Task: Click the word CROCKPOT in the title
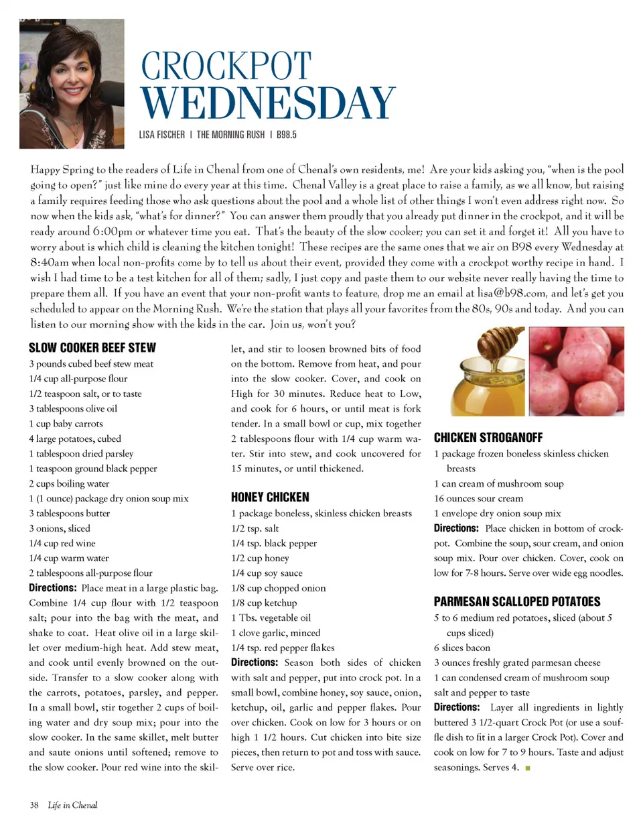(226, 67)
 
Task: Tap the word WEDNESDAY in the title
(268, 103)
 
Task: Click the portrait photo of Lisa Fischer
(72, 83)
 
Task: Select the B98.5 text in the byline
(284, 134)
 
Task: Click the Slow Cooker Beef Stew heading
(92, 347)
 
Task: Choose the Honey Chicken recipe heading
(270, 497)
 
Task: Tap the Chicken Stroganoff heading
(488, 438)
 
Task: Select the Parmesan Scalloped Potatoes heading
(517, 601)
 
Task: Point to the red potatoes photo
(576, 373)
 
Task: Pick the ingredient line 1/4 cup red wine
(62, 543)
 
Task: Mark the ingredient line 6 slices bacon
(461, 648)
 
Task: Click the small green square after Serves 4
(528, 768)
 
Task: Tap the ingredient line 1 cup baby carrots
(64, 423)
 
